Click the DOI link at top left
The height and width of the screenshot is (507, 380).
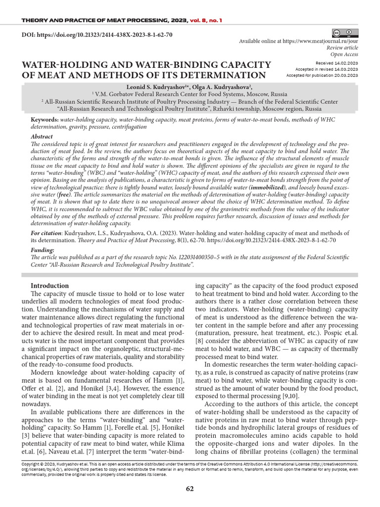(96, 36)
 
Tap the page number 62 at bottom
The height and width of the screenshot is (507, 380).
(190, 489)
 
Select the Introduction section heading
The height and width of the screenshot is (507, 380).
(49, 286)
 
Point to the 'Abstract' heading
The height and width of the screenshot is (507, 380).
(42, 136)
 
